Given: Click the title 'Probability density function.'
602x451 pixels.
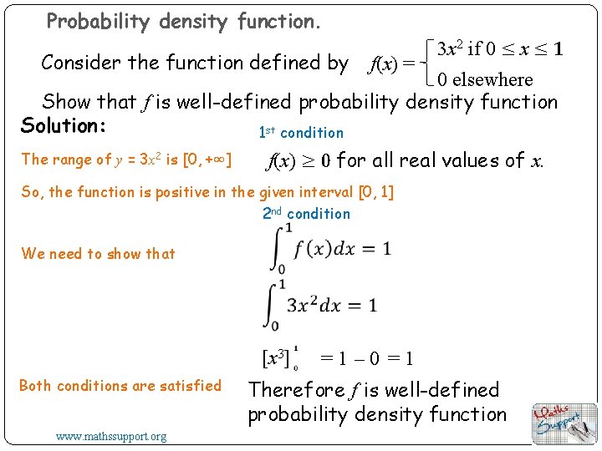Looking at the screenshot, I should [183, 21].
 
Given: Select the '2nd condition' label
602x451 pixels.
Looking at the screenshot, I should [306, 214].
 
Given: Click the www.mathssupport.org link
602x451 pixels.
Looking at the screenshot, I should [111, 436].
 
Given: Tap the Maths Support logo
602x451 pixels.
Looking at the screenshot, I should [564, 423].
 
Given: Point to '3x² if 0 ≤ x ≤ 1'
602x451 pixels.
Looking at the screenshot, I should [500, 48].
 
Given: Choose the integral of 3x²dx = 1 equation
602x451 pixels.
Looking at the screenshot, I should [323, 304].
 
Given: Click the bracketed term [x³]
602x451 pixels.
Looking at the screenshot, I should [277, 359].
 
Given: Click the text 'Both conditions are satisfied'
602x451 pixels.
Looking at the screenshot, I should [120, 386].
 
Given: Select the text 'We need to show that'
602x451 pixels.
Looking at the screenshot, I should [99, 254].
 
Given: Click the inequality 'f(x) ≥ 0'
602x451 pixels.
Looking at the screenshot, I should [298, 160].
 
